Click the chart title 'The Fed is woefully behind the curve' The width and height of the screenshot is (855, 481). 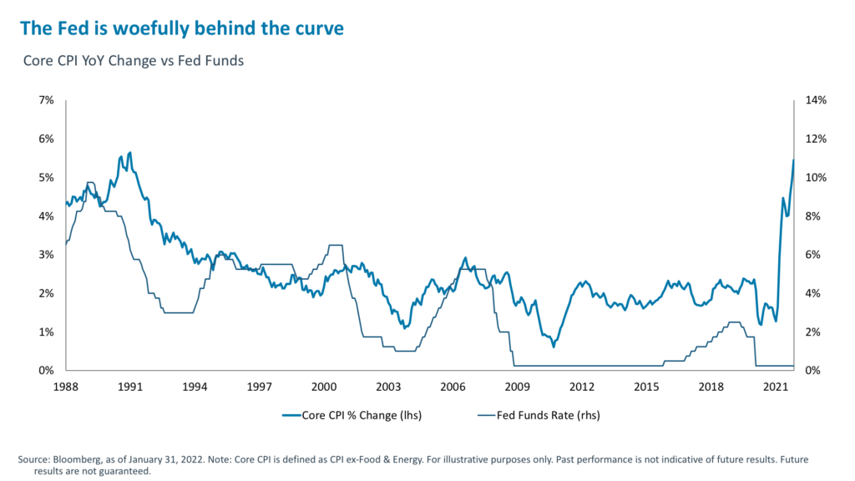[181, 28]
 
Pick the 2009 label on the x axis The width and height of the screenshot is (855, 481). [517, 387]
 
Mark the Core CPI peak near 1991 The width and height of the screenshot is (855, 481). [129, 153]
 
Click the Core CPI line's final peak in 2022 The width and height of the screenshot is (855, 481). [793, 159]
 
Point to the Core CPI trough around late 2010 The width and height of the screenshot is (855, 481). [554, 346]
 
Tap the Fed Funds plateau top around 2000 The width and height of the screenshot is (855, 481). [335, 245]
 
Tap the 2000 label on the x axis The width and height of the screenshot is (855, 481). [323, 387]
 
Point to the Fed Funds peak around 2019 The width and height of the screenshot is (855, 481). [734, 322]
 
